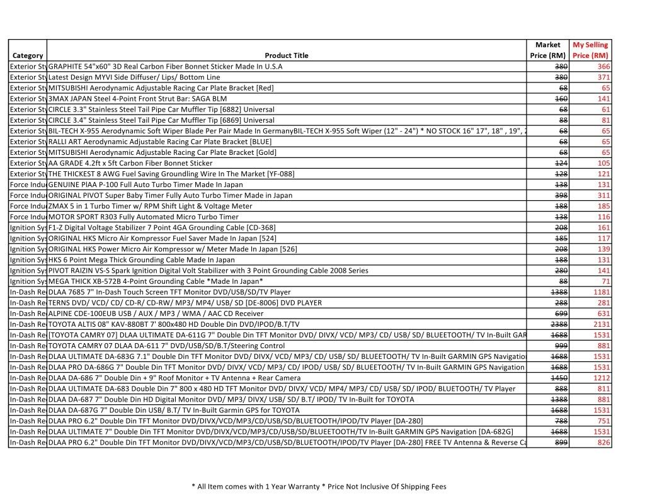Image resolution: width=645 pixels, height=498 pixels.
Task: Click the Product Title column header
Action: pos(287,55)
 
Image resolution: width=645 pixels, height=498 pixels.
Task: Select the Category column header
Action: pos(28,55)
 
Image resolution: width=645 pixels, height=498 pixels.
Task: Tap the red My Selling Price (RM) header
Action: pos(590,50)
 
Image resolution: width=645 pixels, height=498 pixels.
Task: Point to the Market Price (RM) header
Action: pos(547,50)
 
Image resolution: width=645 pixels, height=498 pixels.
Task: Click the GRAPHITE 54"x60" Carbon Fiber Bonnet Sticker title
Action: pos(166,66)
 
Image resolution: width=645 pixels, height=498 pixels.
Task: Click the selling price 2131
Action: pos(602,324)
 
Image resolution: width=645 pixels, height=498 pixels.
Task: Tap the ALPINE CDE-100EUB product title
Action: pos(156,314)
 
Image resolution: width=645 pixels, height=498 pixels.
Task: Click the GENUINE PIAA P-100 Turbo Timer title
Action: pos(146,184)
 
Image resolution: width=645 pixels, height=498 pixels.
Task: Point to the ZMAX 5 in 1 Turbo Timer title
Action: pos(150,206)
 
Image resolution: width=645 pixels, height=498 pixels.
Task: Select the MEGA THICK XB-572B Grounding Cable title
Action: pos(156,281)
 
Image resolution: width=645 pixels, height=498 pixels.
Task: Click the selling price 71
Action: pos(605,281)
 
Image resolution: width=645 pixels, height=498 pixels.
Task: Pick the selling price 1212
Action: pos(602,378)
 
